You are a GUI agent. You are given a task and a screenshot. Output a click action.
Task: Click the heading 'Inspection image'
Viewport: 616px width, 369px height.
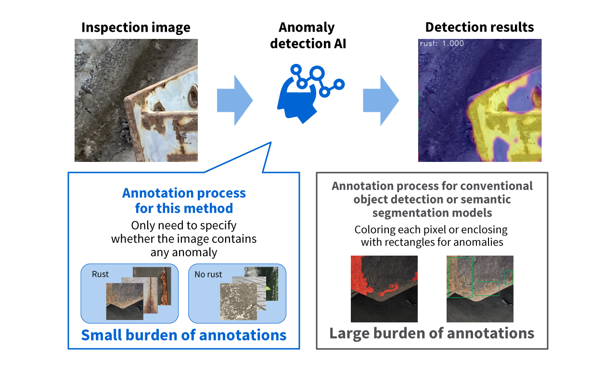(136, 27)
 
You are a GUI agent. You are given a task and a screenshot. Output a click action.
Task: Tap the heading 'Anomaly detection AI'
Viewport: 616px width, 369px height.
(308, 35)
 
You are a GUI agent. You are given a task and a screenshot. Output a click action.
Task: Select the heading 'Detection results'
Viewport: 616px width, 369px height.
(479, 27)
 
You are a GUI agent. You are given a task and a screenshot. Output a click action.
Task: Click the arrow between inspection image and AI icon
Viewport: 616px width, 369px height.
(234, 100)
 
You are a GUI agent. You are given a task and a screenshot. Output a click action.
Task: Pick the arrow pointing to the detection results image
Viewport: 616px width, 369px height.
(381, 100)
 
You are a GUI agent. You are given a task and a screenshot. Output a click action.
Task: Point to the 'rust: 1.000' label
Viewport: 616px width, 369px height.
(442, 44)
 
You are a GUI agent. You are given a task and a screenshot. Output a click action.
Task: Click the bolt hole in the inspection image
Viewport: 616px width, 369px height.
(193, 96)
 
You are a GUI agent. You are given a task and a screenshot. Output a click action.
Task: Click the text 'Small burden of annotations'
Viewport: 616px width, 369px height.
(183, 335)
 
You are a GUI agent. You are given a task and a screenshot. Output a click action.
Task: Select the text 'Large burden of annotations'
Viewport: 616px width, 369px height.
(432, 333)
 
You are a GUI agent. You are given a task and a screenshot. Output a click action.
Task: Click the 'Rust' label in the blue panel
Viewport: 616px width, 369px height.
(100, 274)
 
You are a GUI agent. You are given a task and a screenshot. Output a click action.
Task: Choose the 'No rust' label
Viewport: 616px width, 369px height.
(208, 274)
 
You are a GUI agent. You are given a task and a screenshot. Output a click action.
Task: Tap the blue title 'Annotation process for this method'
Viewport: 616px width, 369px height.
(184, 200)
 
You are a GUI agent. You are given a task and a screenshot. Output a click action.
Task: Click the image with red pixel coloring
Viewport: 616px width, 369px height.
(384, 289)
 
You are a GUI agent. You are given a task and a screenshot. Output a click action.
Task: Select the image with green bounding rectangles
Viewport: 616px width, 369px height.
(480, 289)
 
